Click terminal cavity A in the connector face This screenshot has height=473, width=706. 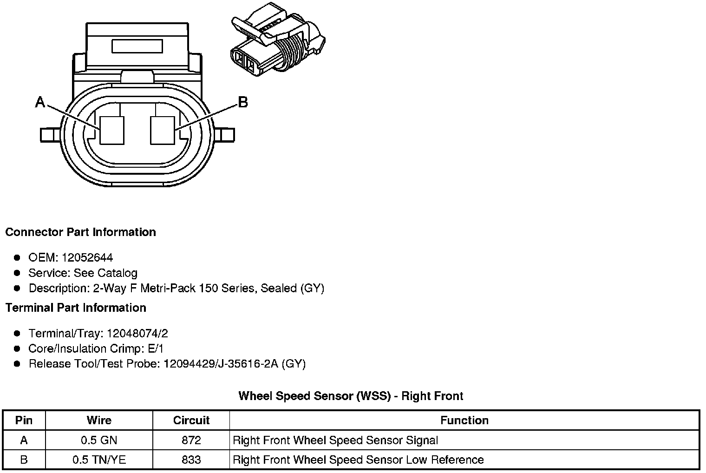(112, 130)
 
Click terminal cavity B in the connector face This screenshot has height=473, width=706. (163, 130)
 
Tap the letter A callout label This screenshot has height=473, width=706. (40, 102)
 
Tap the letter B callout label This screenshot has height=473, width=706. (242, 102)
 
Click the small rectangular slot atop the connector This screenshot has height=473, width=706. (137, 46)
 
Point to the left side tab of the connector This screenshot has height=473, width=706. (50, 135)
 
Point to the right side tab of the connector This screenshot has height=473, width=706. (227, 135)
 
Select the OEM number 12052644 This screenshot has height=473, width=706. (87, 257)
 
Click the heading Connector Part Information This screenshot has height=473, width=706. (80, 232)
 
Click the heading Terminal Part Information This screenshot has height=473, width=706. (76, 308)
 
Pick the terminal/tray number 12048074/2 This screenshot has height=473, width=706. (137, 333)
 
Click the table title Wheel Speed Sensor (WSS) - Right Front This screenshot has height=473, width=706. (351, 396)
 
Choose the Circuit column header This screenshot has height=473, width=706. (191, 420)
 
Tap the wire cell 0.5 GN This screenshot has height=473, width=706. (99, 440)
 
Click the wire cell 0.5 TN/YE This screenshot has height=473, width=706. (99, 460)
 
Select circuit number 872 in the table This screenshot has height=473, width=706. (191, 440)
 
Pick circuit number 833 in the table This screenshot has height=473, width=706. (191, 460)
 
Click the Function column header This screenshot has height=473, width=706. (464, 420)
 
